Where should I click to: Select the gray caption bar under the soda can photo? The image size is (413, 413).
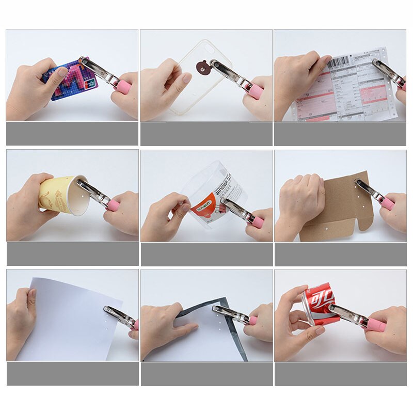[340, 374]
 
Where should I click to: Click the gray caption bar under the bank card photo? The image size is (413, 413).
[72, 134]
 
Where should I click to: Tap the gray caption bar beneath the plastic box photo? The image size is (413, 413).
[206, 254]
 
